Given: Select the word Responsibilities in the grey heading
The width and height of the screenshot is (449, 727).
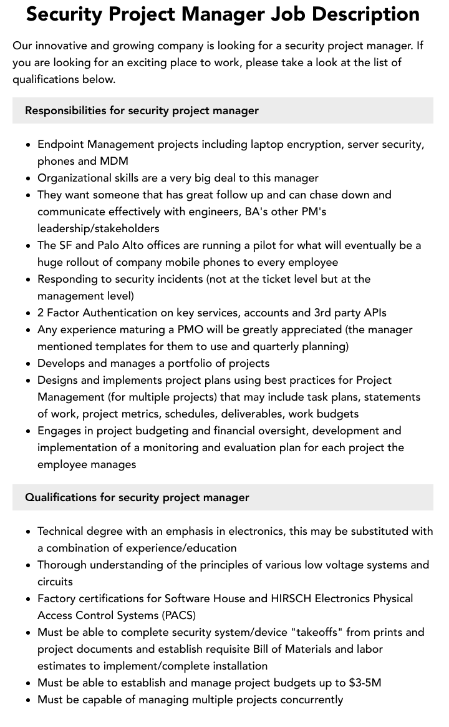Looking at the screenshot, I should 65,110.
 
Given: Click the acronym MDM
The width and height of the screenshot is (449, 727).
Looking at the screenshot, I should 114,161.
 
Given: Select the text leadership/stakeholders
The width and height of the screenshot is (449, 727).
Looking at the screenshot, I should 98,228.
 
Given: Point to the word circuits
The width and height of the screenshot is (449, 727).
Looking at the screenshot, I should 55,582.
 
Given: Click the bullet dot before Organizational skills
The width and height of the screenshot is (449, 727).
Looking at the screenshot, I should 29,178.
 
